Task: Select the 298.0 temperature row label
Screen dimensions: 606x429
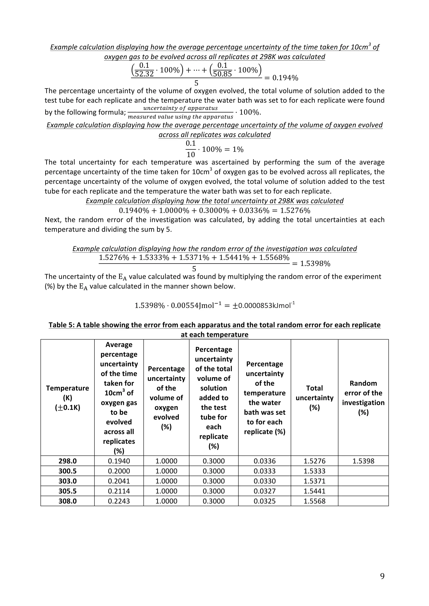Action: (67, 461)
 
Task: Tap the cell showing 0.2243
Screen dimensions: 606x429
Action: (119, 501)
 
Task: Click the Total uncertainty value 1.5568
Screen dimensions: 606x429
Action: (314, 501)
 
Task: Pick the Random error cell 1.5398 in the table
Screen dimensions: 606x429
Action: (363, 461)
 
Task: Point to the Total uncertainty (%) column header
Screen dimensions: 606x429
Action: (314, 398)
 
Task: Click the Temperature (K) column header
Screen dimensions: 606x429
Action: (67, 398)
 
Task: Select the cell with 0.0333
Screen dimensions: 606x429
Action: (264, 471)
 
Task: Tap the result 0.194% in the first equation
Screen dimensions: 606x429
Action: (285, 78)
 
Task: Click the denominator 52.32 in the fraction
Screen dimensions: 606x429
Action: (144, 74)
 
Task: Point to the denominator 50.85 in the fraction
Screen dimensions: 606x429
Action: (222, 74)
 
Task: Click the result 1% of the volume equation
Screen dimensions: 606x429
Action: (238, 149)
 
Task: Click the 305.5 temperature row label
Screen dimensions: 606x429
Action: (67, 491)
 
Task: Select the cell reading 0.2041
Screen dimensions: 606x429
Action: (119, 481)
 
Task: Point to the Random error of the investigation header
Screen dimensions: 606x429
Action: (363, 398)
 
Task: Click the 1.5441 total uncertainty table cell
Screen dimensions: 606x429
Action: (314, 491)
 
